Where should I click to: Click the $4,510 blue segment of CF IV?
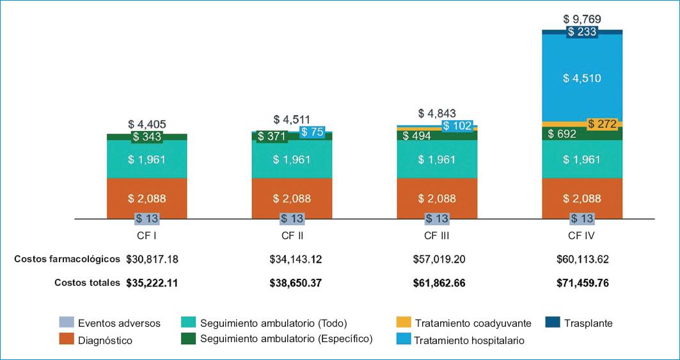pos(581,78)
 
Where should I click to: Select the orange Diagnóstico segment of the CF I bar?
pos(146,198)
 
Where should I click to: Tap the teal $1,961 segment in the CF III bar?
pos(437,159)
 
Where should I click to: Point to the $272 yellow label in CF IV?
pos(602,124)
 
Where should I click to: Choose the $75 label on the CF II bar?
pos(313,132)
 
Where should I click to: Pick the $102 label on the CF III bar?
pos(457,126)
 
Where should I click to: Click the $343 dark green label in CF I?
pos(146,137)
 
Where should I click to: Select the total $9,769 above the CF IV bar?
pos(581,19)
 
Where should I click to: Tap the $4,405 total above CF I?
pos(146,124)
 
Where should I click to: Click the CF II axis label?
pos(292,235)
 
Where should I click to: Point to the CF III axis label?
pos(437,235)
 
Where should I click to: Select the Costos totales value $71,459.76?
pos(581,283)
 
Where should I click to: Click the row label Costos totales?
pos(87,283)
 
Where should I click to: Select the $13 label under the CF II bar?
pos(292,218)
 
